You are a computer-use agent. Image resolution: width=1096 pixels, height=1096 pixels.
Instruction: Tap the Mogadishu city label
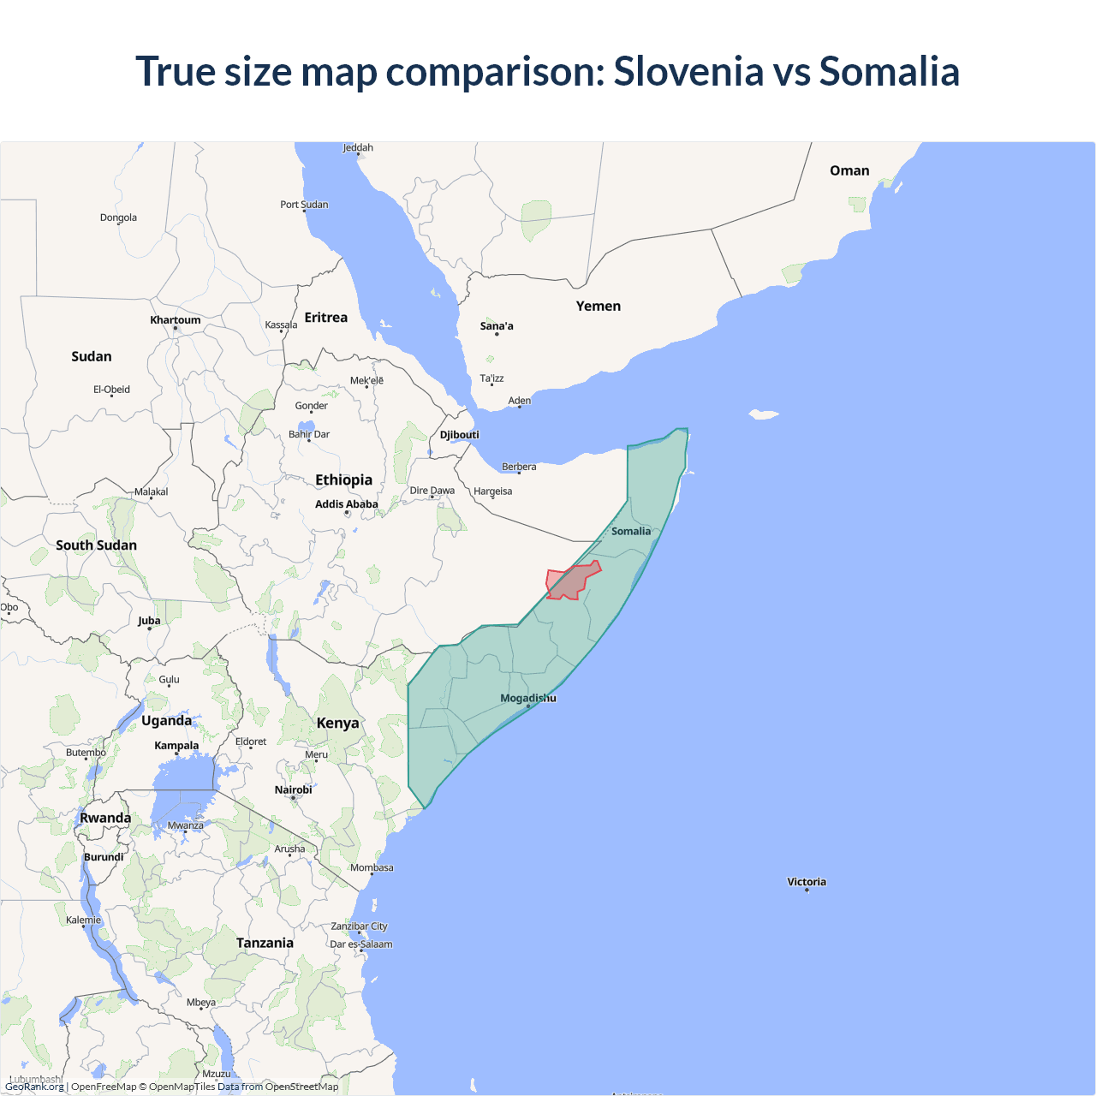[x=527, y=698]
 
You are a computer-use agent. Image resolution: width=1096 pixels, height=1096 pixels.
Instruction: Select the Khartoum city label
[x=176, y=320]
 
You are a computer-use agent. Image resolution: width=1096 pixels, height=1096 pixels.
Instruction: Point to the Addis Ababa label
[x=346, y=504]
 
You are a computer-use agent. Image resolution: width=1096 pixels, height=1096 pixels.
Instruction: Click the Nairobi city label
[x=293, y=789]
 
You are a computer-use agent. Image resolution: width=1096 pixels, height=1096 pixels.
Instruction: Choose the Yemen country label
[x=598, y=306]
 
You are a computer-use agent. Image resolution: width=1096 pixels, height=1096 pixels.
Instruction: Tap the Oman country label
[x=849, y=170]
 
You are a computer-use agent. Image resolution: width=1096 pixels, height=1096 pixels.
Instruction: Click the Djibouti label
[x=460, y=435]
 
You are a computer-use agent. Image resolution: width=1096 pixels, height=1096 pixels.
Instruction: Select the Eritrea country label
[x=326, y=318]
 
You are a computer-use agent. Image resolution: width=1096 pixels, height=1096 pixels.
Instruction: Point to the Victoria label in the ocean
[x=807, y=882]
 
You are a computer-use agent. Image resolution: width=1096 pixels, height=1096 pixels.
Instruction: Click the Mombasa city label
[x=372, y=867]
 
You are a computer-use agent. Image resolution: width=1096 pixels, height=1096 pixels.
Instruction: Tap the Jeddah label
[x=358, y=147]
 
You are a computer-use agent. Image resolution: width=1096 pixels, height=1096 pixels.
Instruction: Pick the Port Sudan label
[x=304, y=205]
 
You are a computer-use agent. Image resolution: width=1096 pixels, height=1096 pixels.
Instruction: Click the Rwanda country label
[x=105, y=818]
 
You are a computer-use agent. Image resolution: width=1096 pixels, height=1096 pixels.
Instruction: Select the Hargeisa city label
[x=492, y=491]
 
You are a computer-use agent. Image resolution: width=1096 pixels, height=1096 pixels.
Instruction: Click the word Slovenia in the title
[x=688, y=71]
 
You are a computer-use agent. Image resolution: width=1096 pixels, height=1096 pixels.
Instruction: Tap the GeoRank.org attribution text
[x=34, y=1087]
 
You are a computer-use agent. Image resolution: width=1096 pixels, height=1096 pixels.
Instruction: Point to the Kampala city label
[x=176, y=746]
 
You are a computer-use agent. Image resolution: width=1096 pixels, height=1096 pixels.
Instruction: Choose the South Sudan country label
[x=96, y=545]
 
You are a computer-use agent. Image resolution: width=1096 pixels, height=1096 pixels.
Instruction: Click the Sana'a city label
[x=497, y=326]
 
